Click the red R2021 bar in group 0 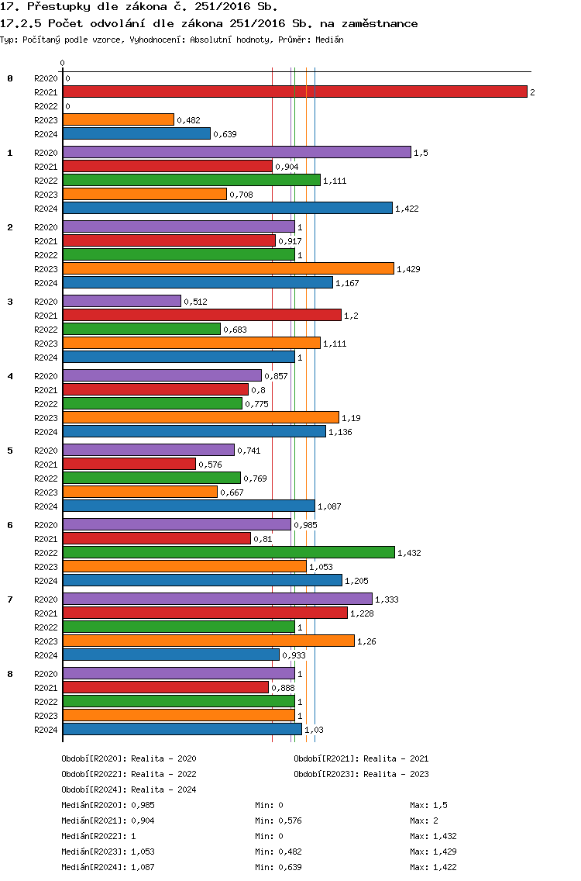295,92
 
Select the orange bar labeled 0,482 119,119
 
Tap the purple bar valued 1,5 237,152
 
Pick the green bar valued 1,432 229,552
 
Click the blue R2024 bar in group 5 189,506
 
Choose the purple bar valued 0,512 122,301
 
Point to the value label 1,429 409,269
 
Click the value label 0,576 211,465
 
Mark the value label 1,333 387,599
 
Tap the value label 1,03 315,730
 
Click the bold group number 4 10,376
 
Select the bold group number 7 10,599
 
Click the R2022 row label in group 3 46,330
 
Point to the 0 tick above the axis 62,63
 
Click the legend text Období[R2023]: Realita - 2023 362,774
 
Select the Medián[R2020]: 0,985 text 108,805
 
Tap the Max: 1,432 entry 433,836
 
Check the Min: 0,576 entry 278,821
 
